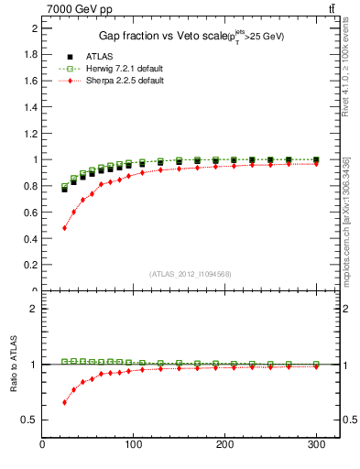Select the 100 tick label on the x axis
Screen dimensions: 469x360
[x=134, y=445]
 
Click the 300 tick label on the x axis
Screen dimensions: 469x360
[x=315, y=445]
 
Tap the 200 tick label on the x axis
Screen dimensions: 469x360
[x=224, y=445]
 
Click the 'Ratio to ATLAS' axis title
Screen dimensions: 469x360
[x=13, y=367]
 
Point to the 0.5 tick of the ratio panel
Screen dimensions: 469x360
[x=30, y=420]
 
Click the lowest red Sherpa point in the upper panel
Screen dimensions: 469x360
[x=64, y=227]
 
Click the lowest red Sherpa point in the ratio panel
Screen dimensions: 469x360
[x=64, y=402]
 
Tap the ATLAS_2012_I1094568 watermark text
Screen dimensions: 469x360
[x=189, y=274]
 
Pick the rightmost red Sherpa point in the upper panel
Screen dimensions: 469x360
[x=316, y=164]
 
